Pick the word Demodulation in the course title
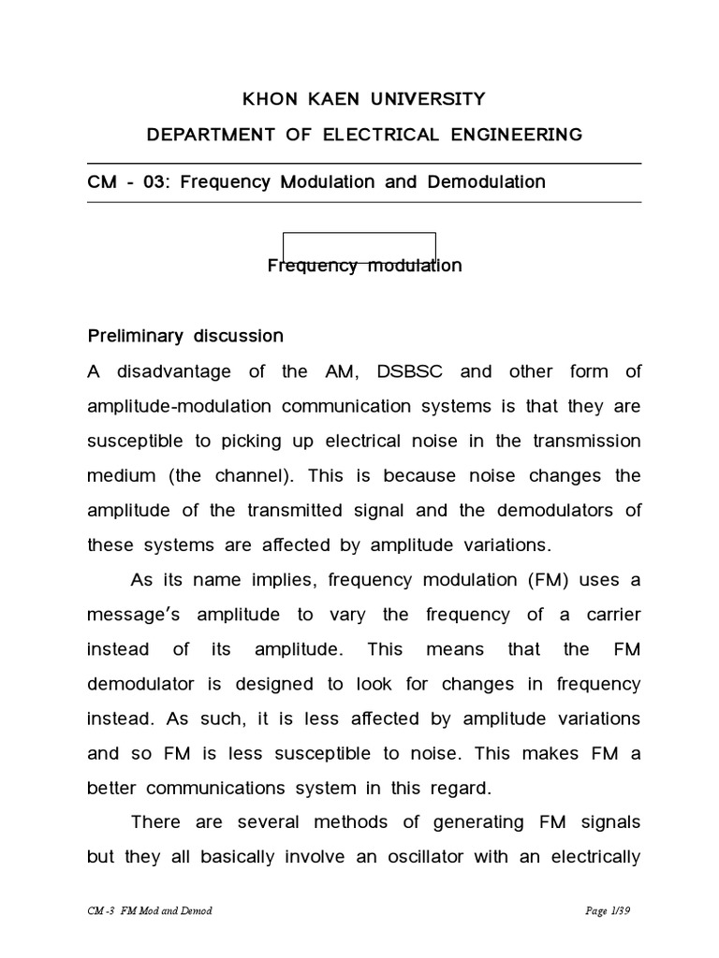pos(487,181)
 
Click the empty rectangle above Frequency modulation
pos(359,245)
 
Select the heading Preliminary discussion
pos(185,335)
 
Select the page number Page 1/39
pos(611,910)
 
